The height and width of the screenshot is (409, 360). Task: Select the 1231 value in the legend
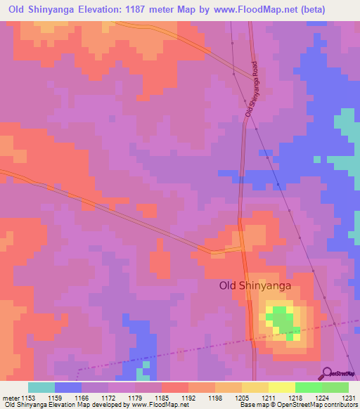(348, 398)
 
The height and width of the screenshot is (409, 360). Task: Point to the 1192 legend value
(188, 398)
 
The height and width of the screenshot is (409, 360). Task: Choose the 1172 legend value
(108, 398)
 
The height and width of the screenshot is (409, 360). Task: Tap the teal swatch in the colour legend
(41, 387)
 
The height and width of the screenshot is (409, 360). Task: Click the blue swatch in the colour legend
(68, 387)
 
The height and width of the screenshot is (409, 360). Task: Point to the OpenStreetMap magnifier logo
(327, 374)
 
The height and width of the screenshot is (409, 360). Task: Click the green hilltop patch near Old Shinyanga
(283, 320)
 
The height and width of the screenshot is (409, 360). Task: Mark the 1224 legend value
(321, 398)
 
